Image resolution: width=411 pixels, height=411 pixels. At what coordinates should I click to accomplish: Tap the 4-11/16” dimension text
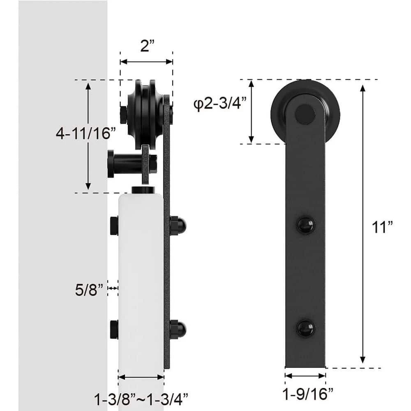point(85,133)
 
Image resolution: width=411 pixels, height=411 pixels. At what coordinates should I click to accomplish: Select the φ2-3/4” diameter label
point(220,104)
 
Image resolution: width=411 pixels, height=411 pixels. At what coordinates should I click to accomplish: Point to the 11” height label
point(382,227)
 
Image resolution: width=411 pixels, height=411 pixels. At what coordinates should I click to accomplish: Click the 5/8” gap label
point(89,290)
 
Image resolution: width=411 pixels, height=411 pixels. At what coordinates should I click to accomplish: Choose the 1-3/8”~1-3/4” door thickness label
point(141,399)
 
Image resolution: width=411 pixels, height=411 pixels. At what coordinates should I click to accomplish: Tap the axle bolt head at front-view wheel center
point(305,114)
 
